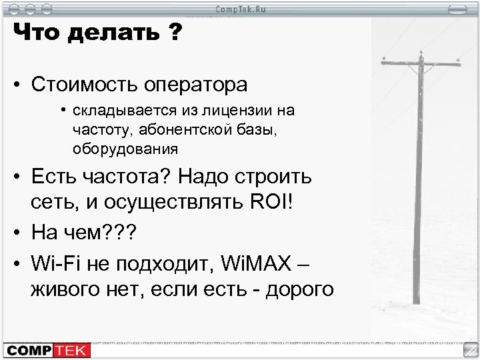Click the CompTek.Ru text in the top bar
click(240, 8)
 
